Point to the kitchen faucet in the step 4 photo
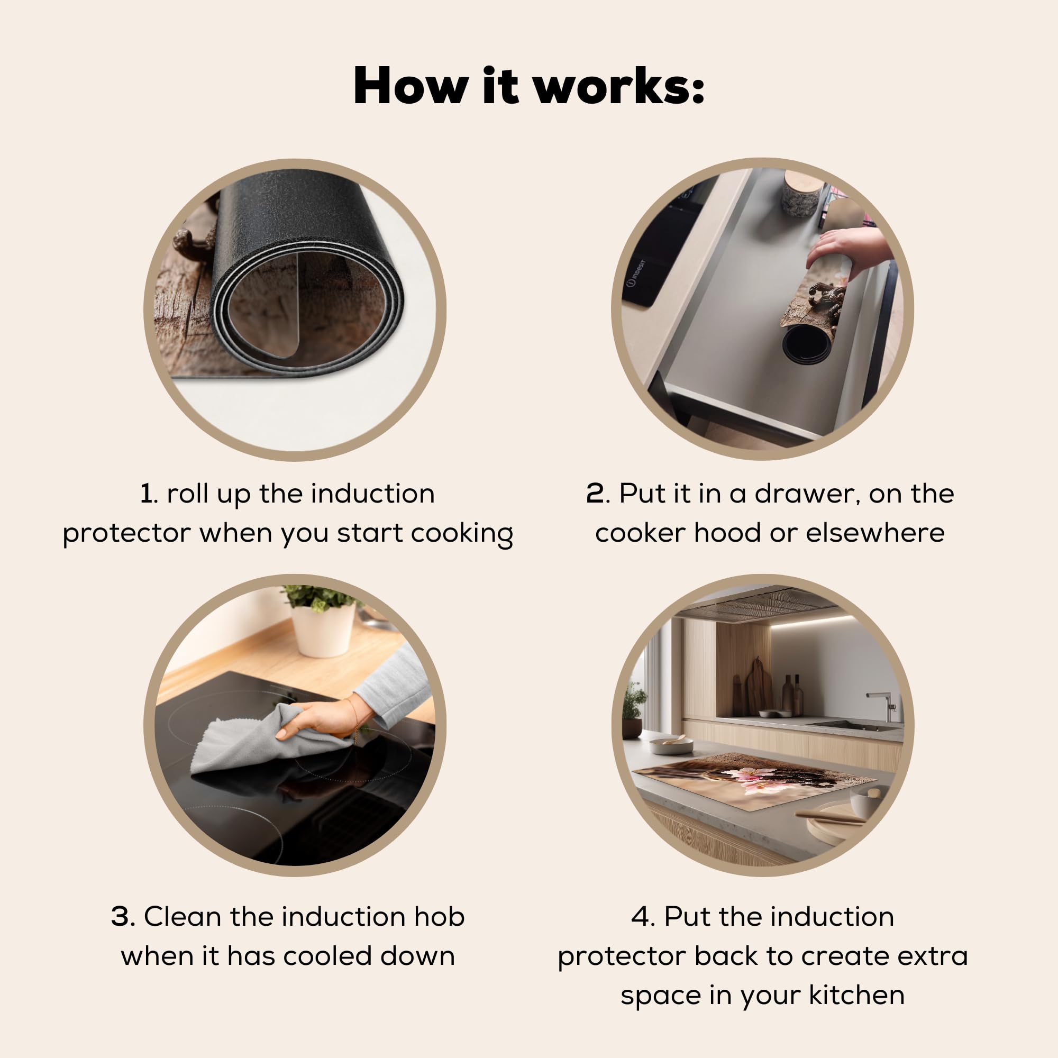click(881, 707)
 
